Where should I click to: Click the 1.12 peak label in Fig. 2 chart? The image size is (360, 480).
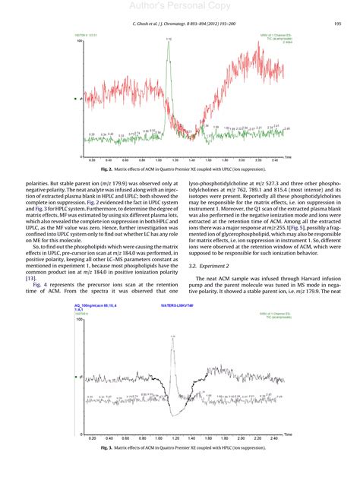(168, 38)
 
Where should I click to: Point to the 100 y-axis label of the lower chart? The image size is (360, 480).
(79, 320)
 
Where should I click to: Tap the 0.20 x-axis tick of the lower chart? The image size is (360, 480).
(92, 438)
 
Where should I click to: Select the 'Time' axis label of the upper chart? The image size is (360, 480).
(289, 156)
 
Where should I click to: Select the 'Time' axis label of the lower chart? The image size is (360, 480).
(289, 434)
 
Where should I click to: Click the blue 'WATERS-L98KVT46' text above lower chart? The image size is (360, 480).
(177, 305)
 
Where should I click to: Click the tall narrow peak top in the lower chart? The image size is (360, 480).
(174, 335)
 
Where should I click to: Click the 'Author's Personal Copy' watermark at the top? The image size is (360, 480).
(179, 7)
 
